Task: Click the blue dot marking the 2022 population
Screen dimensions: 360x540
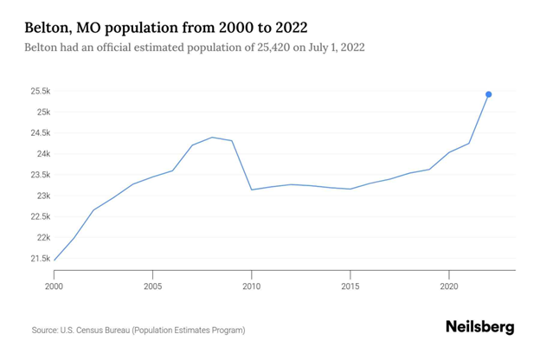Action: click(x=489, y=94)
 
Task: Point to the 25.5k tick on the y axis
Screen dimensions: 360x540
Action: click(x=39, y=91)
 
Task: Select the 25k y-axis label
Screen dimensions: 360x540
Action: click(x=42, y=112)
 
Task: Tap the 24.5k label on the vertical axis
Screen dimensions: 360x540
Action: click(x=39, y=133)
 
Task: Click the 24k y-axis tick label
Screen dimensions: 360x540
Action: click(x=42, y=154)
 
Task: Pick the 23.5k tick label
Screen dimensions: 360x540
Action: click(x=39, y=175)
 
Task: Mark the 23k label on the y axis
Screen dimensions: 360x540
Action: click(x=42, y=196)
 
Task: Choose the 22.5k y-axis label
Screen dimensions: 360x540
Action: click(x=39, y=216)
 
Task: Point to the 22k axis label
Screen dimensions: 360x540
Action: click(x=42, y=237)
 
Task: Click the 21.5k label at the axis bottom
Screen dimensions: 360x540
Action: click(x=39, y=259)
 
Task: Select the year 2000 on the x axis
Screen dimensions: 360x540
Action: click(x=54, y=285)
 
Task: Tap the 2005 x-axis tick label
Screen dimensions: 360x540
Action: click(x=152, y=285)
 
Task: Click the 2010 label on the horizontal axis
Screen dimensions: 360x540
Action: click(x=251, y=285)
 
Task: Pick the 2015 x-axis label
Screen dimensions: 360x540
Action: click(x=350, y=285)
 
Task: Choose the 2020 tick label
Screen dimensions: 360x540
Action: click(x=449, y=285)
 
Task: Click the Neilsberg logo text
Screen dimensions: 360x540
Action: click(x=479, y=327)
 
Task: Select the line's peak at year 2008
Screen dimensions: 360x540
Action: click(x=212, y=138)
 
